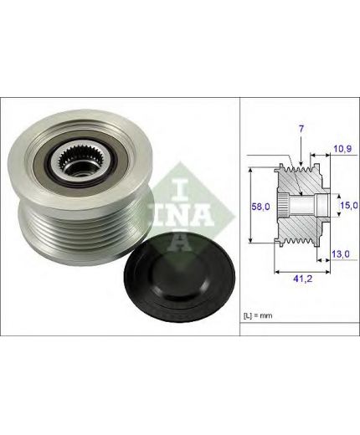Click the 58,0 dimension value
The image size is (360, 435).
(x=260, y=207)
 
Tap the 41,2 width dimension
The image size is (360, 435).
(x=302, y=279)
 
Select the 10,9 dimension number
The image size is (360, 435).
(x=342, y=149)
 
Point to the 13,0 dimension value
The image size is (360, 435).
(x=341, y=254)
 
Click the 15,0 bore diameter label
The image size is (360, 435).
(x=349, y=205)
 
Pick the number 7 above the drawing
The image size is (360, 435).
(x=301, y=129)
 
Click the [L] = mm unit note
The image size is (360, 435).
(x=258, y=315)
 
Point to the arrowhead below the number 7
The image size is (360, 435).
(x=301, y=163)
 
